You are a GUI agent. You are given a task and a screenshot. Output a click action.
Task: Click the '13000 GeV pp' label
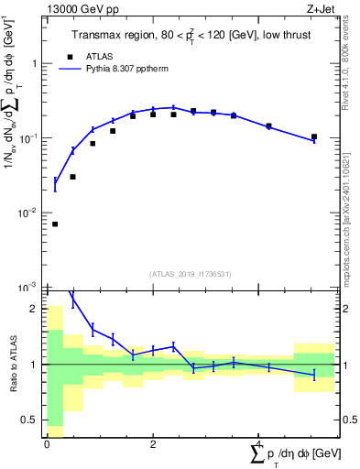click(80, 9)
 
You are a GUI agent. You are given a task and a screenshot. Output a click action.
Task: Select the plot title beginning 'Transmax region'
click(191, 36)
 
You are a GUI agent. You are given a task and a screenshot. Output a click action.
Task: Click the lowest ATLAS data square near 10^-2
click(55, 224)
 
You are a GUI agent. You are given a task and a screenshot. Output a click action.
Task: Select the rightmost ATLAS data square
click(314, 136)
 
